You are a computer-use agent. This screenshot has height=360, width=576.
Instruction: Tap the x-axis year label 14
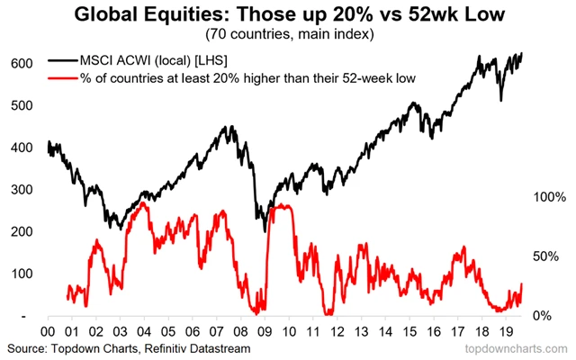[x=388, y=330]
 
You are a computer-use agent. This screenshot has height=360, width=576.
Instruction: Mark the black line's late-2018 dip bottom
[x=501, y=101]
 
